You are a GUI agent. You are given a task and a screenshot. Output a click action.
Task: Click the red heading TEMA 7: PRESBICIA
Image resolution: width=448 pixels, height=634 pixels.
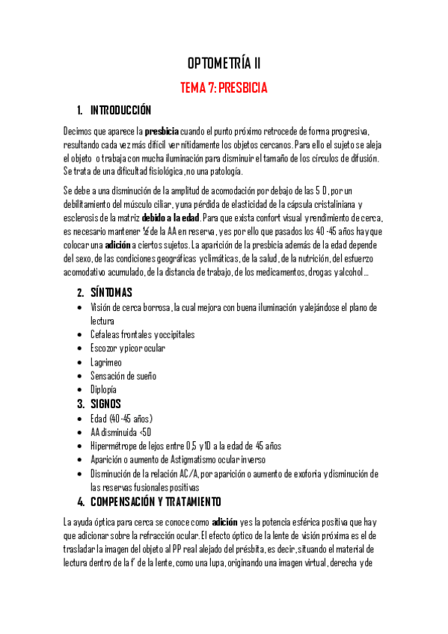coord(224,87)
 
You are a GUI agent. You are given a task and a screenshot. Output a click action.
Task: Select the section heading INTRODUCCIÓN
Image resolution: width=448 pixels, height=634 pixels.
coord(120,111)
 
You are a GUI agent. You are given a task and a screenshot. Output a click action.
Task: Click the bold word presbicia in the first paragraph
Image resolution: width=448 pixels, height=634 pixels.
coord(162,132)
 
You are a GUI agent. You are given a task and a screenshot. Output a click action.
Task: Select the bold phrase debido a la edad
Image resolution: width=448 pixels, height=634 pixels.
coord(171,218)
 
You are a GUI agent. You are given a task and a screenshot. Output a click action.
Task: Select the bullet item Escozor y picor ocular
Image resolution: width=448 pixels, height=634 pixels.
coord(127,348)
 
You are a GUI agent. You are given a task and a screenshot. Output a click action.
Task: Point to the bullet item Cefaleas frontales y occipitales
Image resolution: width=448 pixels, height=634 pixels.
coord(141,334)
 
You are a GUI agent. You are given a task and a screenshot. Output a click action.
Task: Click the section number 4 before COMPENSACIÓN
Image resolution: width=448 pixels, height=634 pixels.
coord(81,501)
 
